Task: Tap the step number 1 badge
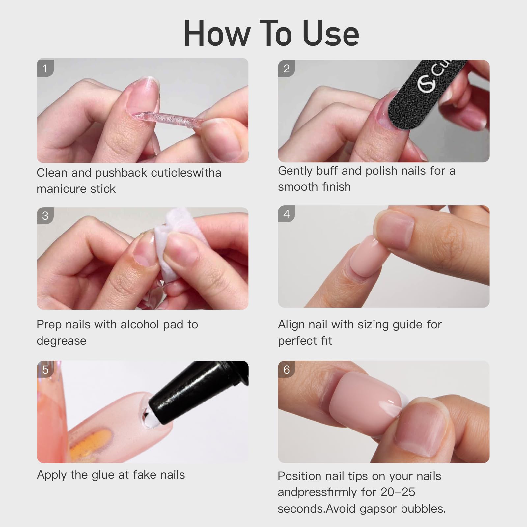point(45,69)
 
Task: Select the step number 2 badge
point(286,69)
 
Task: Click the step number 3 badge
point(45,216)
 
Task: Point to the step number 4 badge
point(286,214)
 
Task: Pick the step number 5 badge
point(45,370)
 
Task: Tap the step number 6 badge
point(286,370)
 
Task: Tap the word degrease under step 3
point(61,341)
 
